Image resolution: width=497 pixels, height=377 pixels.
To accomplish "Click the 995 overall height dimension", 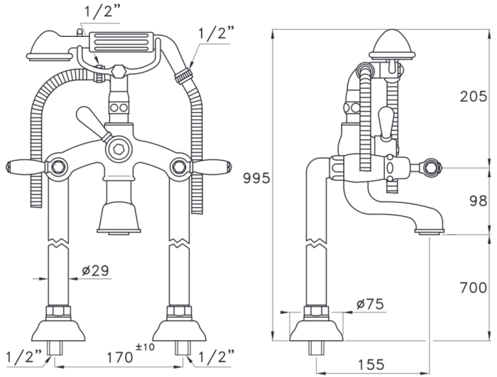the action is [256, 178].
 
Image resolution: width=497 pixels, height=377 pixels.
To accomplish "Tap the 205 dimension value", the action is [474, 96].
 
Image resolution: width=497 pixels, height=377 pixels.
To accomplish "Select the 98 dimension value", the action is [479, 201].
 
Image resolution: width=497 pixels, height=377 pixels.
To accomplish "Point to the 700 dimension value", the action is [474, 288].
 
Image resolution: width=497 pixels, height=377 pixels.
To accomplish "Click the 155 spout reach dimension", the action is [371, 365].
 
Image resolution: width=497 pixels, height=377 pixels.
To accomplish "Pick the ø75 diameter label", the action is [370, 304].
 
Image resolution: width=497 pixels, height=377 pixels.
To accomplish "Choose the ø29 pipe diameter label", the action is [95, 270].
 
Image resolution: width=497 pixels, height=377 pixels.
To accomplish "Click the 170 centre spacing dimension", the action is [119, 357].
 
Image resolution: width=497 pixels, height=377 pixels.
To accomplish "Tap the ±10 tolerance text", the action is [145, 347].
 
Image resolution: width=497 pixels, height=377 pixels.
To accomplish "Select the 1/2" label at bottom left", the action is [23, 356].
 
